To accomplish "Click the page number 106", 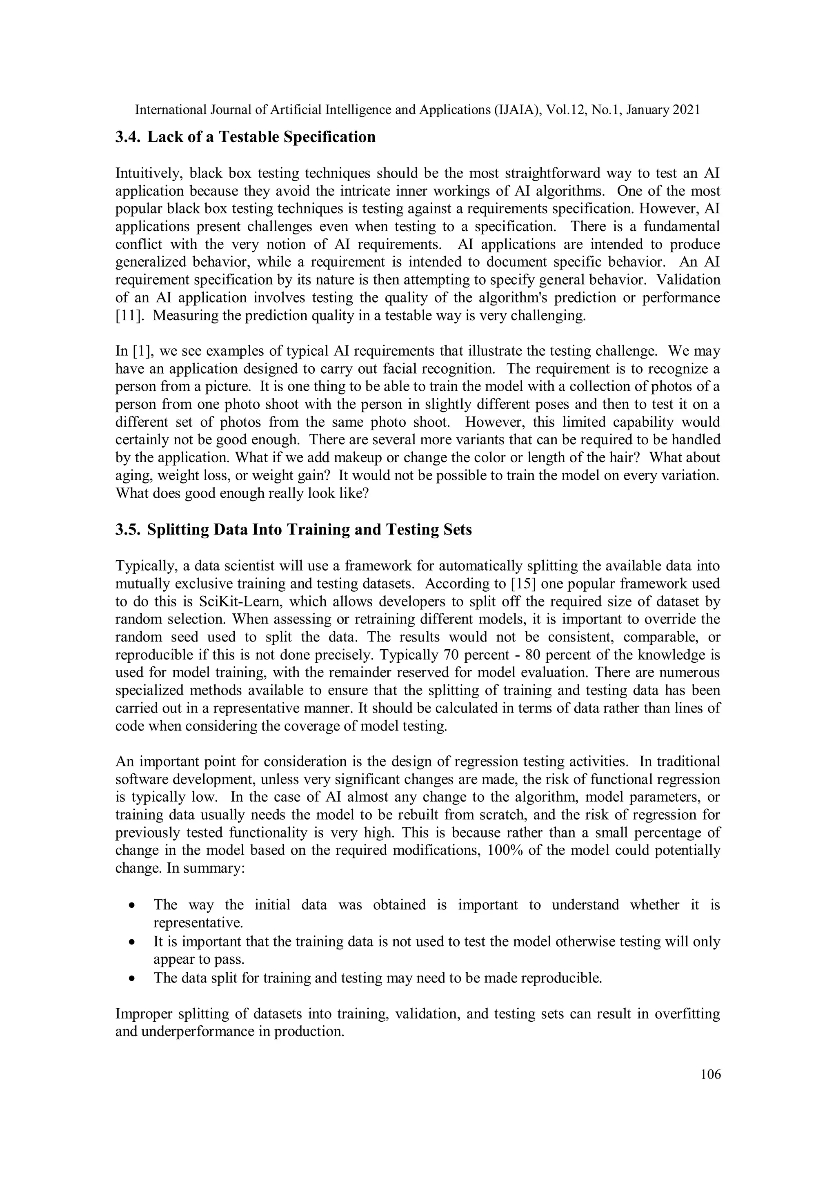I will pyautogui.click(x=710, y=1074).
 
